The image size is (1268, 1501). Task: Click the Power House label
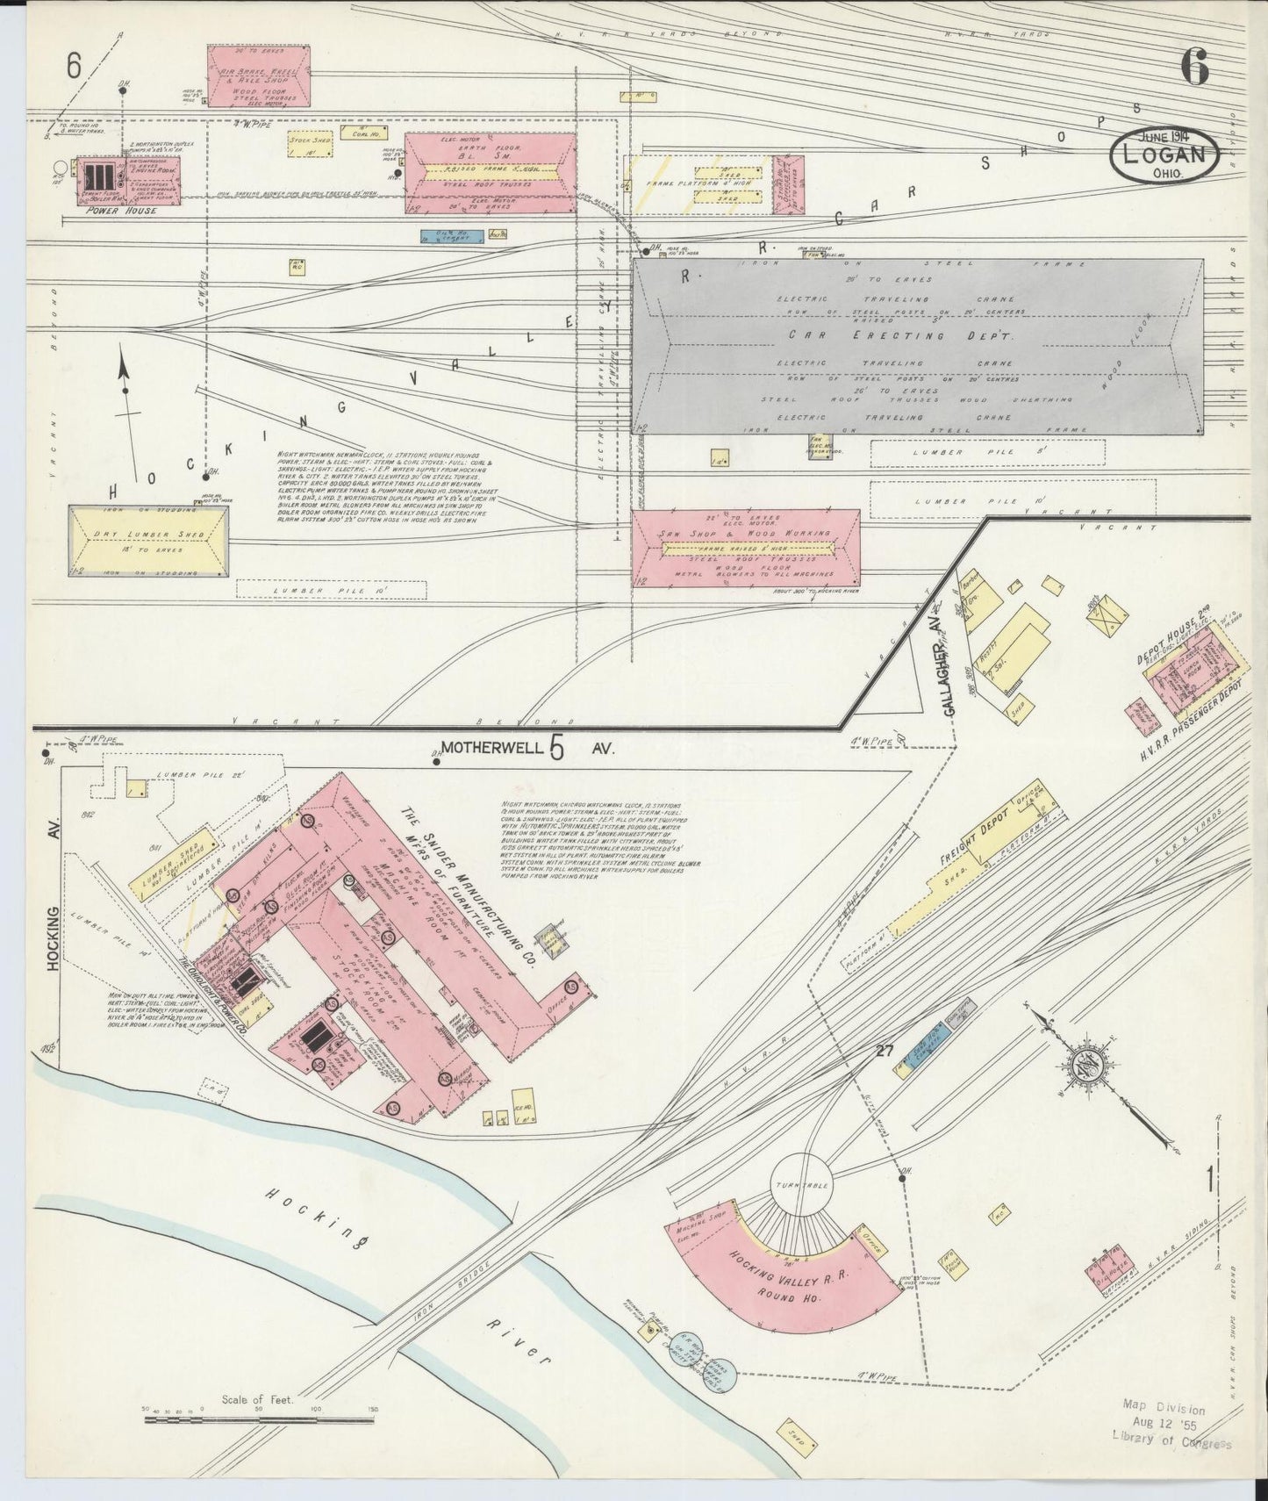tap(122, 212)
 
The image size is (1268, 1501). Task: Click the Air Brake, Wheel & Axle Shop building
tap(260, 77)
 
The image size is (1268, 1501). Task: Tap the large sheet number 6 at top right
tap(1194, 68)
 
